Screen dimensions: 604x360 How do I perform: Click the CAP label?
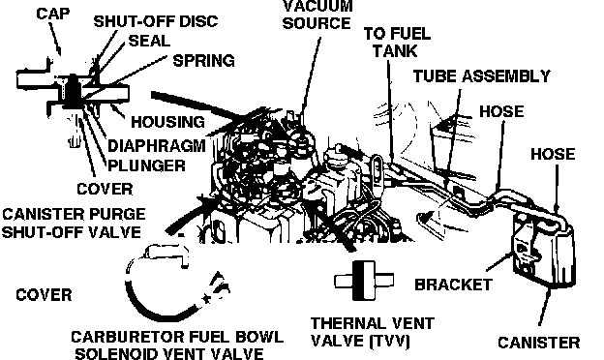click(53, 14)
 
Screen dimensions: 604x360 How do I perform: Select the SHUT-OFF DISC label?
click(156, 21)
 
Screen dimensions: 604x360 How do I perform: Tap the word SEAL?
click(149, 41)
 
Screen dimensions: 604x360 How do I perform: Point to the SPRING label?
click(204, 61)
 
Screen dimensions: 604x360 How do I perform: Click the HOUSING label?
click(168, 122)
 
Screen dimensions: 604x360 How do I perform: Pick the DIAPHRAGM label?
click(157, 146)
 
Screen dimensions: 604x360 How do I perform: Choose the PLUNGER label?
click(146, 165)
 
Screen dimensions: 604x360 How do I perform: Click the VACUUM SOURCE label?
click(317, 15)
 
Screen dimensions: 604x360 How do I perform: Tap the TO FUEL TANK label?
click(397, 43)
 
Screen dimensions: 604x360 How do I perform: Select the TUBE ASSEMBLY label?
click(482, 76)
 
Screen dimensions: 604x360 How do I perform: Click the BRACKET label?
click(453, 285)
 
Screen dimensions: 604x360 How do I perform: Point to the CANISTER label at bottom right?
click(539, 343)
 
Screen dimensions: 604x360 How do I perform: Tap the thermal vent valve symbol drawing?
click(364, 281)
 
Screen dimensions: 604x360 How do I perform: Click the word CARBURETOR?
click(125, 337)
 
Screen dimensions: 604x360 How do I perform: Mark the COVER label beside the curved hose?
click(44, 295)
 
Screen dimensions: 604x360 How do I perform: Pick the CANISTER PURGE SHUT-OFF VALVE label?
click(74, 223)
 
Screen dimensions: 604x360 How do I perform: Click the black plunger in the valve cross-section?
click(72, 92)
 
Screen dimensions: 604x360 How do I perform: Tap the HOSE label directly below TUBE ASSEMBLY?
click(501, 111)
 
